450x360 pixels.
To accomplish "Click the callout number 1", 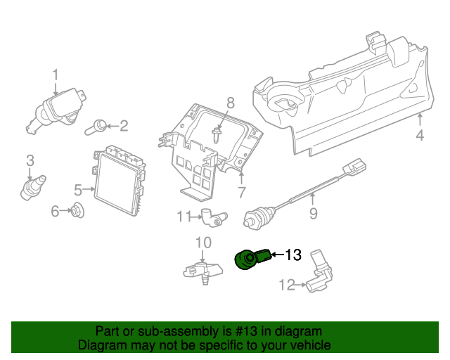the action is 56,75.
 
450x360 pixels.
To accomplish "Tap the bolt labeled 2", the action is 96,127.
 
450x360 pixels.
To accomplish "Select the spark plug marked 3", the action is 33,187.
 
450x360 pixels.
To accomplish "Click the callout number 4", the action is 420,135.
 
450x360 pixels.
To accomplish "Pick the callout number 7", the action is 242,193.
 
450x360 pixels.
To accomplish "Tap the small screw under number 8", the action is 216,134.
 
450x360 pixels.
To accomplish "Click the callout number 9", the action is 313,214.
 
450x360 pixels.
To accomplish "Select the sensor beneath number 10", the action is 203,271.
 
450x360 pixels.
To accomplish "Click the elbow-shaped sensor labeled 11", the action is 214,217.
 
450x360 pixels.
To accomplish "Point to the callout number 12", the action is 287,285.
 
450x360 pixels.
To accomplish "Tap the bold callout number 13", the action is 293,255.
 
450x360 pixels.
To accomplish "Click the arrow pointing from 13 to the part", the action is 277,255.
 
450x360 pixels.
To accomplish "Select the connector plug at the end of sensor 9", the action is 354,167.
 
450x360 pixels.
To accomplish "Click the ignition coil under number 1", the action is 57,111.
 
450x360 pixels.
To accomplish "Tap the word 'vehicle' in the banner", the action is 312,345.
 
